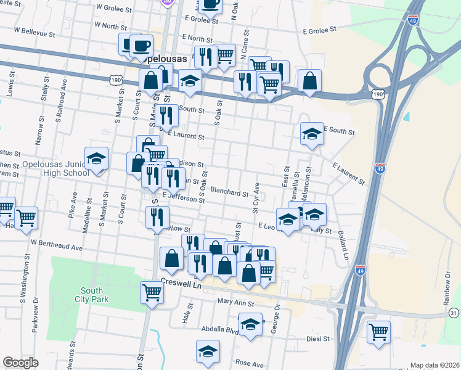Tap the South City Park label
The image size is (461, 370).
click(x=92, y=295)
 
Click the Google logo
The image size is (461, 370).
click(x=20, y=363)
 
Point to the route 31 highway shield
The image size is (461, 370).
click(x=454, y=314)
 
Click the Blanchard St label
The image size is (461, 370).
click(x=229, y=192)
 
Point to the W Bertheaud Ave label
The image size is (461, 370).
click(x=57, y=247)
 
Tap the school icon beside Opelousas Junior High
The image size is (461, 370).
click(x=96, y=159)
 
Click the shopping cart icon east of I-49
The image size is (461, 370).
click(x=378, y=332)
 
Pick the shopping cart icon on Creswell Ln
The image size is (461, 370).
click(x=152, y=293)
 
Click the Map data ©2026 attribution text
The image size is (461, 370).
click(x=434, y=365)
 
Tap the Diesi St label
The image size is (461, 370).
click(x=319, y=339)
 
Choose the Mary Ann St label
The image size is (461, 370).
click(x=236, y=303)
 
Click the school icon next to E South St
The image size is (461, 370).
click(x=312, y=134)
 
